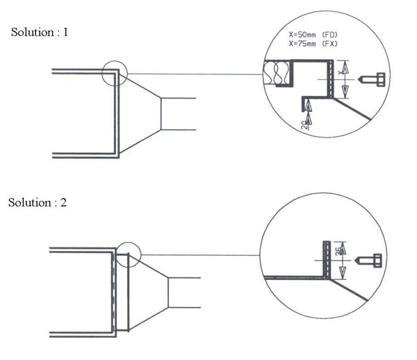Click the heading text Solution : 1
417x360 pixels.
[x=40, y=32]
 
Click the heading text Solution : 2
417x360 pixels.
[x=38, y=203]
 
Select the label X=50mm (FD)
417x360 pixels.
[x=313, y=35]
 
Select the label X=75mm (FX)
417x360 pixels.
[x=313, y=44]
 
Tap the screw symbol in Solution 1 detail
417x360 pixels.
[x=372, y=79]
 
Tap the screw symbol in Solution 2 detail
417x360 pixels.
[x=368, y=261]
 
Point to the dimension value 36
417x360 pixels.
[x=338, y=252]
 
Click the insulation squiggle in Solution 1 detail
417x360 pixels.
[x=276, y=72]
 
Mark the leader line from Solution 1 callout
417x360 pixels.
[x=195, y=74]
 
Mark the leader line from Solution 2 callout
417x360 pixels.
[x=201, y=255]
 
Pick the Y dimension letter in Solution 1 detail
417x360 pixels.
[x=340, y=72]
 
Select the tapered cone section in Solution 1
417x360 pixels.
[x=140, y=114]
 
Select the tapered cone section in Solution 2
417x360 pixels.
[x=149, y=293]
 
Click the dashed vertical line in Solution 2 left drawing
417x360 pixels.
[x=113, y=293]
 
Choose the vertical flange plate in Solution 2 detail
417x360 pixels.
[x=327, y=260]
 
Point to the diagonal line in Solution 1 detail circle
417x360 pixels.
[x=352, y=109]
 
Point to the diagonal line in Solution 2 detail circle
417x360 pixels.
[x=349, y=290]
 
